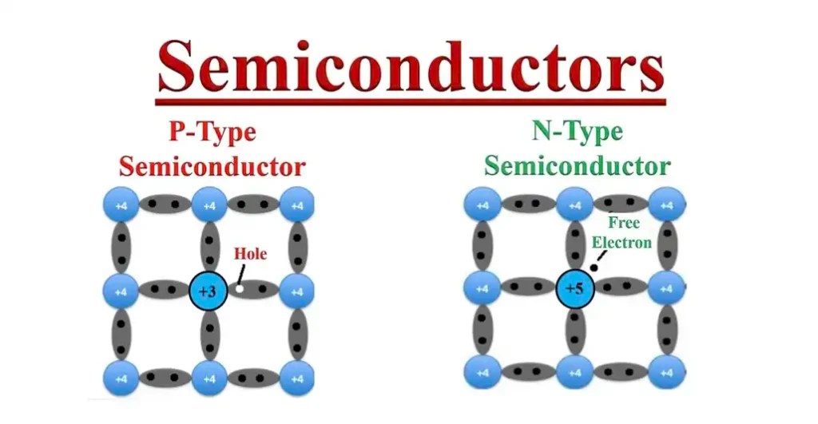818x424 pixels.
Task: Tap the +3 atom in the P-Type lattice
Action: [x=208, y=291]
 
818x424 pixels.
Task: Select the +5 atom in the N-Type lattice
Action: [x=575, y=288]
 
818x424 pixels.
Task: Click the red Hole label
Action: [x=250, y=255]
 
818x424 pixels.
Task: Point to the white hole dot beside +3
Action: [x=238, y=289]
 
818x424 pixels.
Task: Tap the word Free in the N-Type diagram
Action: [x=623, y=223]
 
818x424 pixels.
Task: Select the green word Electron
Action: [x=621, y=241]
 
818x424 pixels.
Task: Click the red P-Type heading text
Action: [x=212, y=131]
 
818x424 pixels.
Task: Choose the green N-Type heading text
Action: [x=577, y=130]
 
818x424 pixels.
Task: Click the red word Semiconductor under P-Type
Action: [x=212, y=166]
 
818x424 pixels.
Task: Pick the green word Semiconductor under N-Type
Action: [x=577, y=165]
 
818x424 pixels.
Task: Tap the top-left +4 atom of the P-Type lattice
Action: [x=121, y=205]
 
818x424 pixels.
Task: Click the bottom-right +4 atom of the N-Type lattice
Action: [x=666, y=372]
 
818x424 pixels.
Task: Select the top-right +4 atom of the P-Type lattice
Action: [x=296, y=205]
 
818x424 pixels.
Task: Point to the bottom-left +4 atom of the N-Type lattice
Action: [x=482, y=372]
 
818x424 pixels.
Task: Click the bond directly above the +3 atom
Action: [x=209, y=247]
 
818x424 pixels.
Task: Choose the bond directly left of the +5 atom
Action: [x=528, y=287]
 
